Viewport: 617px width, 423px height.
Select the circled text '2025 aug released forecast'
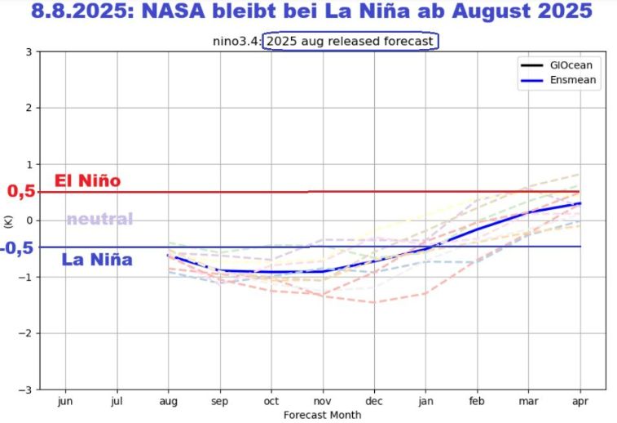[x=350, y=40]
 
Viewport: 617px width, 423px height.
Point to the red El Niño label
[x=86, y=180]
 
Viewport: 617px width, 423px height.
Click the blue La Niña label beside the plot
[x=96, y=260]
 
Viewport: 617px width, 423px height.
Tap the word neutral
[x=99, y=219]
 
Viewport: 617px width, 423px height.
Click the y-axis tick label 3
[x=29, y=51]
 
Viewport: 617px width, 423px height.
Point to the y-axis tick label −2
[x=26, y=333]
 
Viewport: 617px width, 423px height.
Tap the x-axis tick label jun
[x=65, y=401]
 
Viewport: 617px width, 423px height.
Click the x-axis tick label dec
[x=374, y=401]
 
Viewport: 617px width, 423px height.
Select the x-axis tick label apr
[x=580, y=401]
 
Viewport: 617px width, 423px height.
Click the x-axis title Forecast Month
[x=322, y=415]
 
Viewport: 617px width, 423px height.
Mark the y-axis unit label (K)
[x=8, y=220]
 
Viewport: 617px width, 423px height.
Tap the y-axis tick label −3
[x=26, y=390]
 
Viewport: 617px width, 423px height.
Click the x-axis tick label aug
[x=168, y=401]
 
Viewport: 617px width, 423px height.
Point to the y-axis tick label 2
[x=29, y=108]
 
